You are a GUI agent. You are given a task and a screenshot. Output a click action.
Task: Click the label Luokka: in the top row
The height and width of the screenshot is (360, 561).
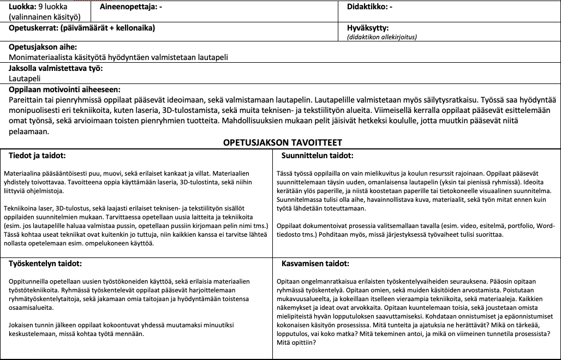21,7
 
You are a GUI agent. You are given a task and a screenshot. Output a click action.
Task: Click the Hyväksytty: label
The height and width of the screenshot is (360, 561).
368,28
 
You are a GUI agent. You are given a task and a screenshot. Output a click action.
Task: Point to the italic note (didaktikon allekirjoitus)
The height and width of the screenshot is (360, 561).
381,37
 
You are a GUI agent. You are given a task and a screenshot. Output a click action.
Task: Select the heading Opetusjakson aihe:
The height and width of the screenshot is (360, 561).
43,47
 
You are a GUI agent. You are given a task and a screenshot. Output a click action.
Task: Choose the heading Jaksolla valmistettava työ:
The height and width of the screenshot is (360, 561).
56,68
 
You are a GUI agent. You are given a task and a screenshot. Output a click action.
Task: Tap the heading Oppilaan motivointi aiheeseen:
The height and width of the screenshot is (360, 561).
64,89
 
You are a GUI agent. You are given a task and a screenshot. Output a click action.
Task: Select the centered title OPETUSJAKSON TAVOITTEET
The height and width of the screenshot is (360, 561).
282,142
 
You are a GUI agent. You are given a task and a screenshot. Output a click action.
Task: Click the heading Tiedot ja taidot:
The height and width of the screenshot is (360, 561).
38,155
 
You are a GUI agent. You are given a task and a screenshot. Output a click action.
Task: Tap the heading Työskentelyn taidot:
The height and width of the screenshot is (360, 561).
45,263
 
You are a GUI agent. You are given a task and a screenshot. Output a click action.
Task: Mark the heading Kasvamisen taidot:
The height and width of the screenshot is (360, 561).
315,263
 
